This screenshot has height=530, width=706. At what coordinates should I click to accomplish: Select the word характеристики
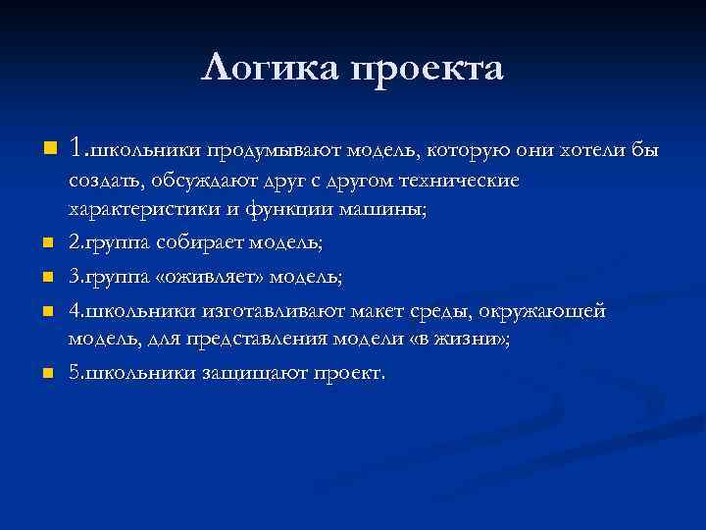[139, 209]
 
